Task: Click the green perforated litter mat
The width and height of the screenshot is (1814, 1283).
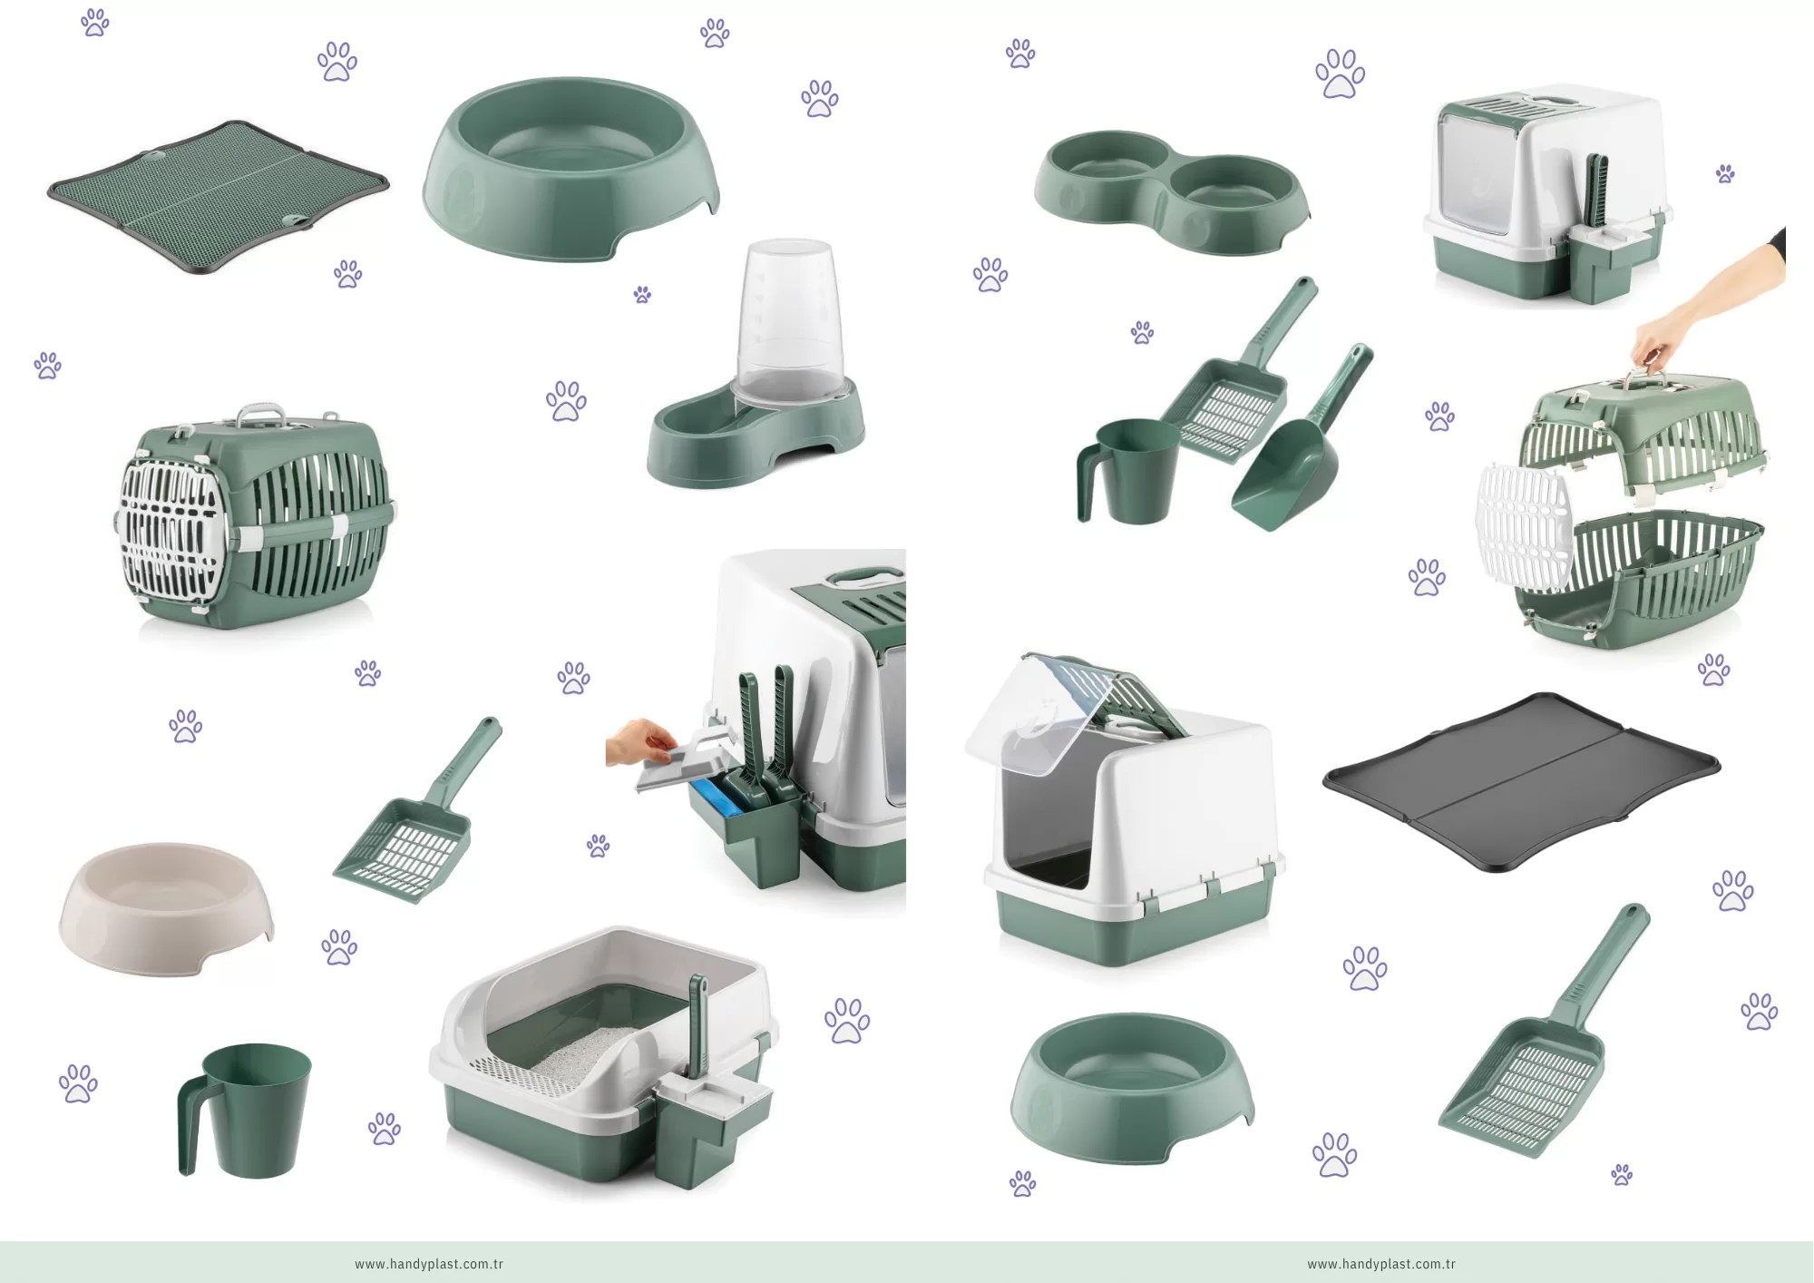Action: (218, 195)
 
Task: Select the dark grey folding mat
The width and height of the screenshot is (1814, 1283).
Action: (1521, 781)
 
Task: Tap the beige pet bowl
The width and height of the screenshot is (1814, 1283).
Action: (166, 908)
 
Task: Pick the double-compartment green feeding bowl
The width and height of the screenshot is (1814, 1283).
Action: (1172, 191)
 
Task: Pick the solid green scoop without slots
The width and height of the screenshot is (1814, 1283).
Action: (1301, 440)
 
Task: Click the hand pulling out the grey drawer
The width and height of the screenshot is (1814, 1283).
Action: (641, 741)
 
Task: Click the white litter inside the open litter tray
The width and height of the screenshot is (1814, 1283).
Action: (580, 1054)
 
